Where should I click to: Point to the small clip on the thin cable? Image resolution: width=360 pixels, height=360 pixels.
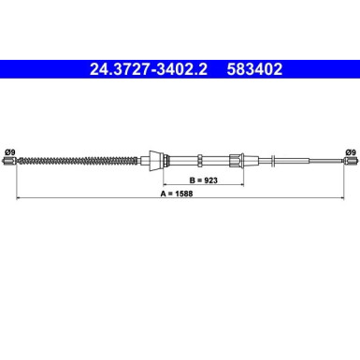pos(277,161)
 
